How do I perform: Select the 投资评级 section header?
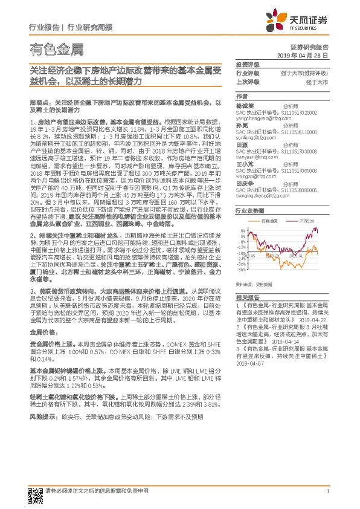[x=247, y=64]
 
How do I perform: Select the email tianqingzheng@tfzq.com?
[x=263, y=195]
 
